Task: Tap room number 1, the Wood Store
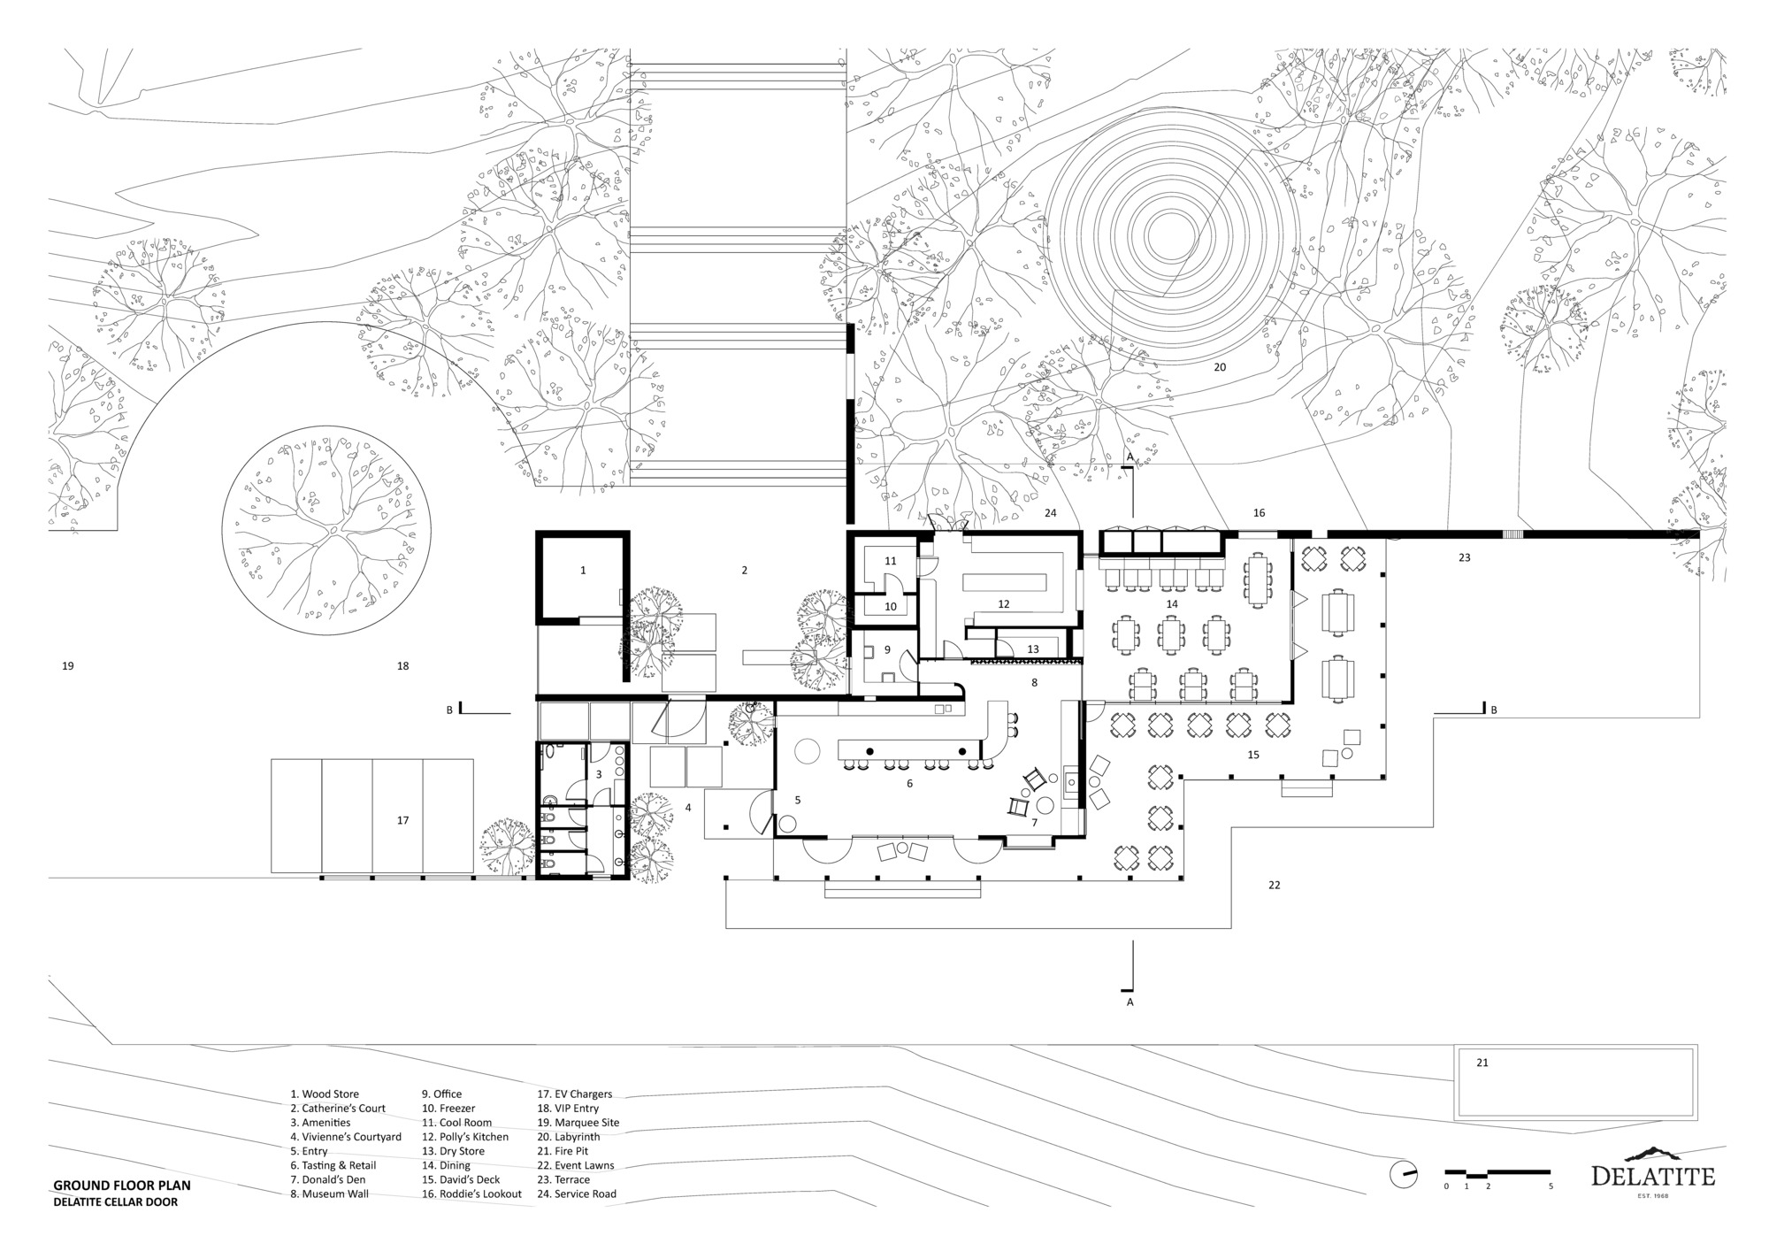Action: click(583, 571)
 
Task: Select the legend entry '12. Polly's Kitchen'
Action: click(464, 1137)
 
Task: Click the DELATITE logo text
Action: click(1652, 1177)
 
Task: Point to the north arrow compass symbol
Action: click(1403, 1174)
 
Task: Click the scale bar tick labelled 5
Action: click(1551, 1186)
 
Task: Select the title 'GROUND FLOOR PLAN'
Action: click(121, 1186)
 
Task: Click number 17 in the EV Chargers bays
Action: click(402, 821)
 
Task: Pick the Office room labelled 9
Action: click(887, 650)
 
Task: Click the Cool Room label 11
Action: click(891, 561)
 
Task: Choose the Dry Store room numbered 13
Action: click(1033, 649)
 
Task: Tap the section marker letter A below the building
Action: click(1130, 1002)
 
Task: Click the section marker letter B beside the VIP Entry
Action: click(449, 710)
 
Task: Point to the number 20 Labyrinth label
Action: click(1220, 366)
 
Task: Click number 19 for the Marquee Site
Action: click(68, 666)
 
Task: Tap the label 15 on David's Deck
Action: click(1252, 755)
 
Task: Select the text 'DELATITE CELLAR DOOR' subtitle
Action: click(115, 1202)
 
